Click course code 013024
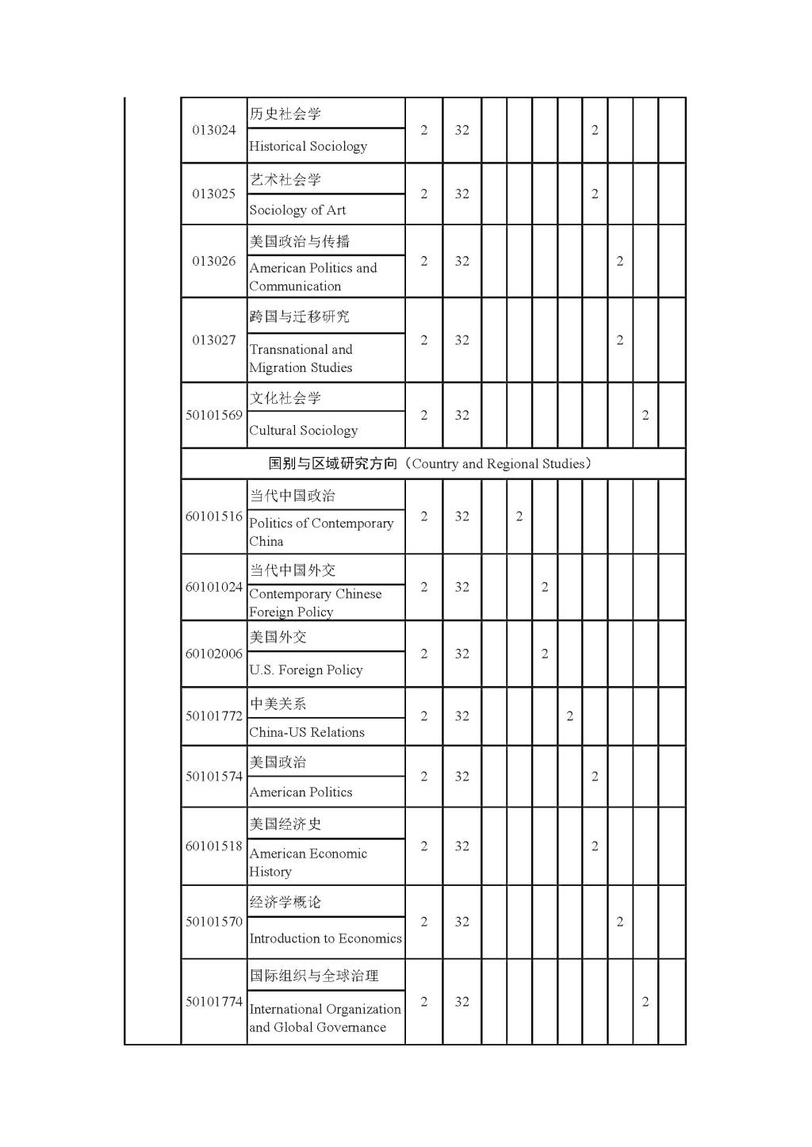[214, 130]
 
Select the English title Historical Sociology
[308, 146]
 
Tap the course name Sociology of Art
[297, 210]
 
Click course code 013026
[214, 261]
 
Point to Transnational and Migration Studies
[301, 359]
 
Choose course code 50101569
[214, 415]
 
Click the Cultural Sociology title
[303, 431]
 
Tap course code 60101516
[214, 516]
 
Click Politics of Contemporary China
[320, 532]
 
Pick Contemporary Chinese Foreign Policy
[315, 603]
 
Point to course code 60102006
[214, 654]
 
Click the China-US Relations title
[306, 732]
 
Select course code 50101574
[214, 777]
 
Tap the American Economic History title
[308, 862]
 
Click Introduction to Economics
[325, 938]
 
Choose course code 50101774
[214, 1002]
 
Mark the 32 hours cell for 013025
[462, 194]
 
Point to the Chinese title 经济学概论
[285, 902]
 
